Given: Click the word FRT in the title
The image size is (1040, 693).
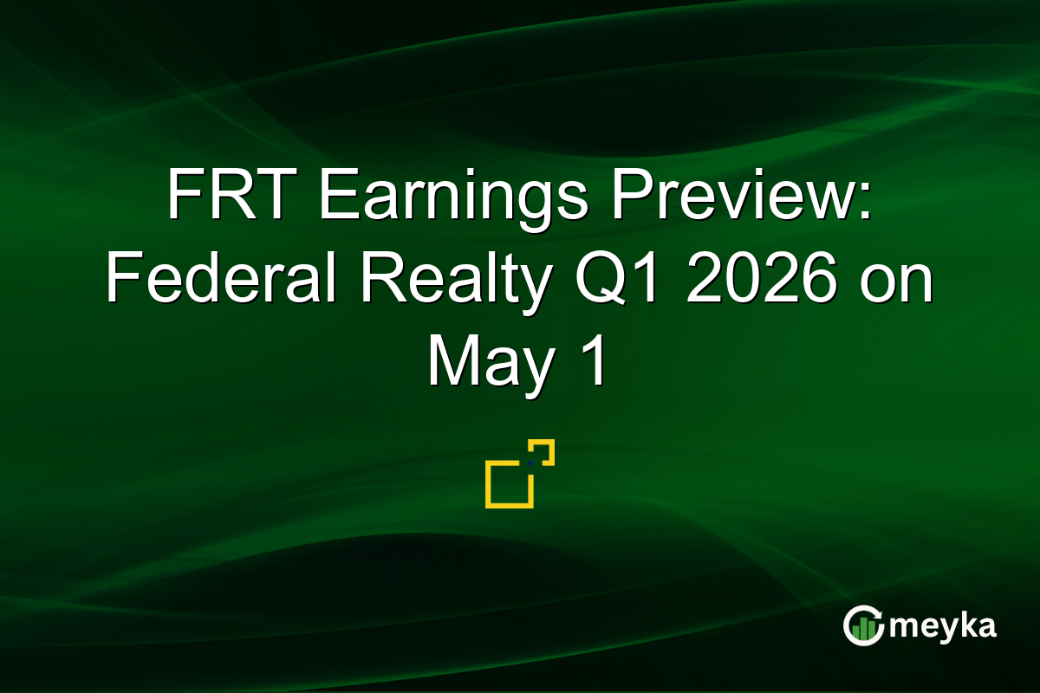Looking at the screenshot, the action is [232, 193].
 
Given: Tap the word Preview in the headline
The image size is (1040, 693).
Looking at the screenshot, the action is [733, 193].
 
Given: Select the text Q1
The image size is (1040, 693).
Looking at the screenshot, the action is [617, 278].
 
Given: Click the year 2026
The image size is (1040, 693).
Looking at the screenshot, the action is [762, 277].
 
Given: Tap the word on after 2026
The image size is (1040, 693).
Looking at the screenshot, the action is [896, 284].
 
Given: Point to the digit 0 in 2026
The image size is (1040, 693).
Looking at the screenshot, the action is [742, 277].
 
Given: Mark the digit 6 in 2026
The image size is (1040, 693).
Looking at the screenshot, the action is [819, 277].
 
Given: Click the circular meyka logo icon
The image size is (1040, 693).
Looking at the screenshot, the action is [863, 625].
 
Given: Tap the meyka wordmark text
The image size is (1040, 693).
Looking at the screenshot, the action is [943, 627].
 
